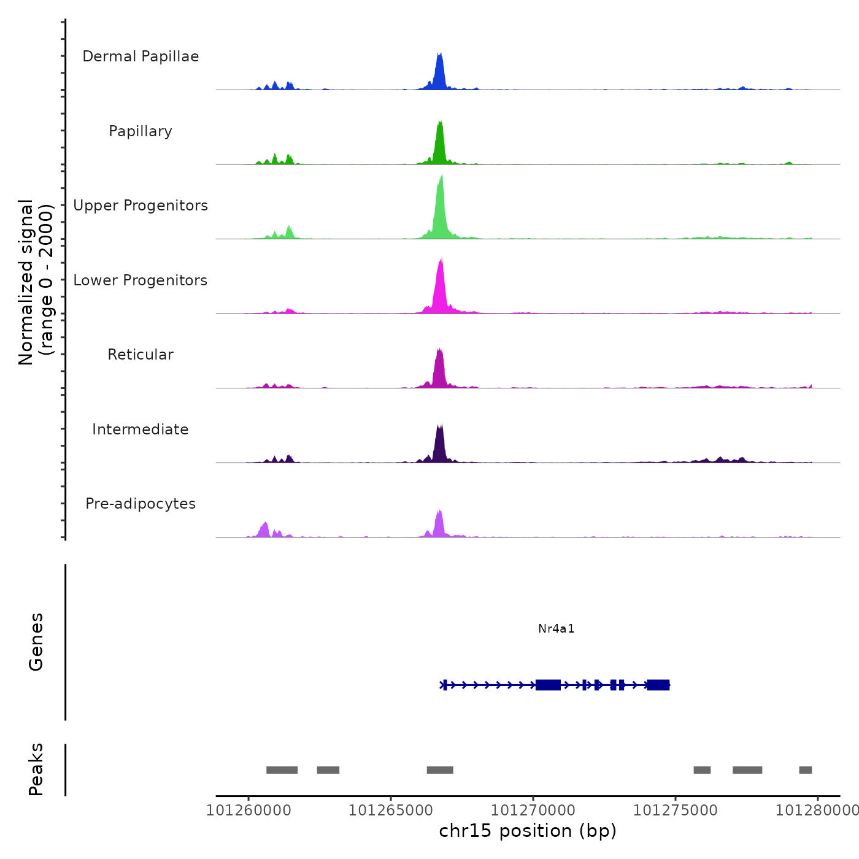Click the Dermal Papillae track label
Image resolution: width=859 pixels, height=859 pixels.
click(141, 56)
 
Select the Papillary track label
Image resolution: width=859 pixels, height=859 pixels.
click(141, 131)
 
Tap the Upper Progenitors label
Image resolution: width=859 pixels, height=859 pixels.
click(141, 206)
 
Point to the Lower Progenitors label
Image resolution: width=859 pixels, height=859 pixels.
click(141, 280)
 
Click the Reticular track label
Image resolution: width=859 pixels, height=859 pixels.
click(141, 355)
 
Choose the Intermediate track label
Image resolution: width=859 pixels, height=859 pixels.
click(141, 429)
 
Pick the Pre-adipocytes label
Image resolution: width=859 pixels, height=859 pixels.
click(141, 504)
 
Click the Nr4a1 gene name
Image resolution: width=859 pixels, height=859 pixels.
click(556, 628)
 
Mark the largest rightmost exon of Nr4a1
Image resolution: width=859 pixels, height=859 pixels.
click(658, 685)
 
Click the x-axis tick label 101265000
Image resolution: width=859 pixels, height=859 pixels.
click(391, 811)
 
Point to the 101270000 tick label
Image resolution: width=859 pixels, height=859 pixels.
click(533, 811)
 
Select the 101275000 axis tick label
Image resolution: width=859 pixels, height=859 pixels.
click(676, 811)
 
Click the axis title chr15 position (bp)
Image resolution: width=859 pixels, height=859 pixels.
click(528, 831)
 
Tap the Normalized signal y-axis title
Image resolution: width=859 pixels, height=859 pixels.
click(36, 282)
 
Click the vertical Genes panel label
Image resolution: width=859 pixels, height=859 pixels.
click(36, 642)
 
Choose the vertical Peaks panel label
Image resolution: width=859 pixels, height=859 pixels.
click(36, 769)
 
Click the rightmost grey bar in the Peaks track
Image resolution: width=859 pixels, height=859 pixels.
click(806, 770)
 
